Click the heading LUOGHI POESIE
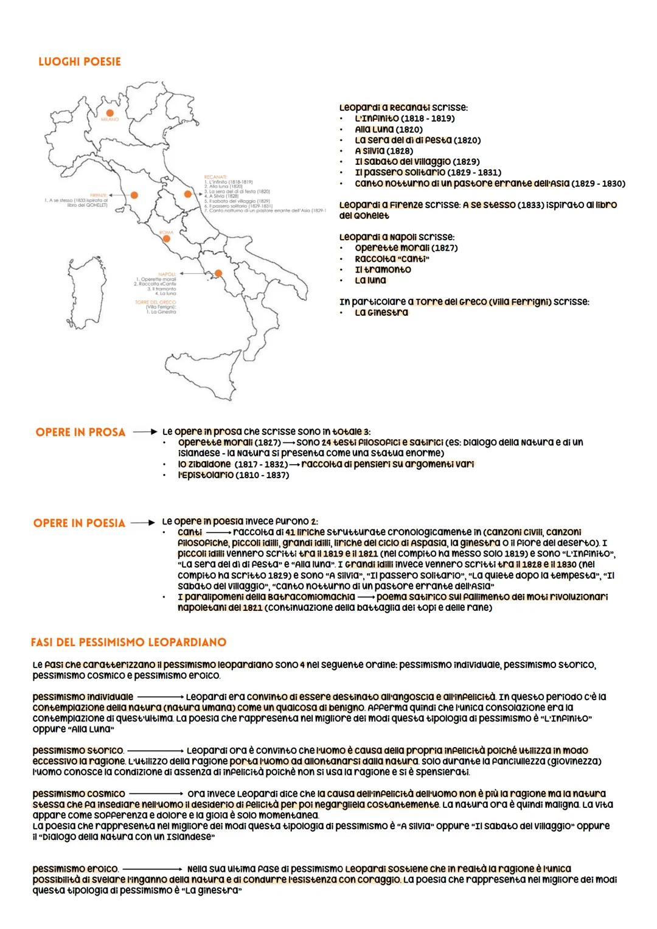(79, 61)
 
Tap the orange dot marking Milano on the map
(110, 113)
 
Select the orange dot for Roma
(166, 239)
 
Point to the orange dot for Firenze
(134, 195)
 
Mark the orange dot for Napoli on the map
(218, 273)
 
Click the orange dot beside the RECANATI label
(188, 194)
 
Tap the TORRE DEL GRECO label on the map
(155, 302)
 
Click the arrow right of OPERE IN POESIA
(144, 523)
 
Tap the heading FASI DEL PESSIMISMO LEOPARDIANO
(128, 642)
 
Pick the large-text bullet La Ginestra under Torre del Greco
(381, 313)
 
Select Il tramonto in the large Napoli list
(383, 270)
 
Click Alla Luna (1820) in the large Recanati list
(388, 130)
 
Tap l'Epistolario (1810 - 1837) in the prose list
(233, 475)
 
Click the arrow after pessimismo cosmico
(156, 794)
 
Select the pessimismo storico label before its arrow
(77, 751)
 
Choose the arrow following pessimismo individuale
(159, 697)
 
